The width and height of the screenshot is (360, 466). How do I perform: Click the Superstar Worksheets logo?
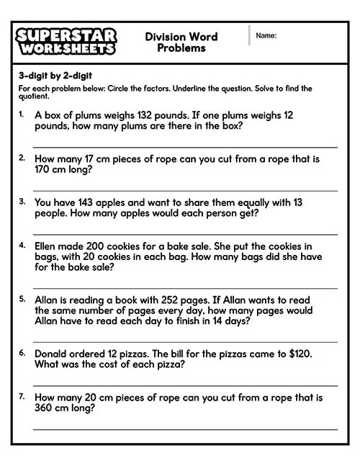pos(66,42)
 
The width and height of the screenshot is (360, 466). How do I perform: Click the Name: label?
pos(266,35)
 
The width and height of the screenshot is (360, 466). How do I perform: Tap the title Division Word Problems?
pos(181,42)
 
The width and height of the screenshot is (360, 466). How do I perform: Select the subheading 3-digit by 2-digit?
pos(55,76)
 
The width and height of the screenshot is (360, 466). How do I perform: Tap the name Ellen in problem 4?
pos(48,246)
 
